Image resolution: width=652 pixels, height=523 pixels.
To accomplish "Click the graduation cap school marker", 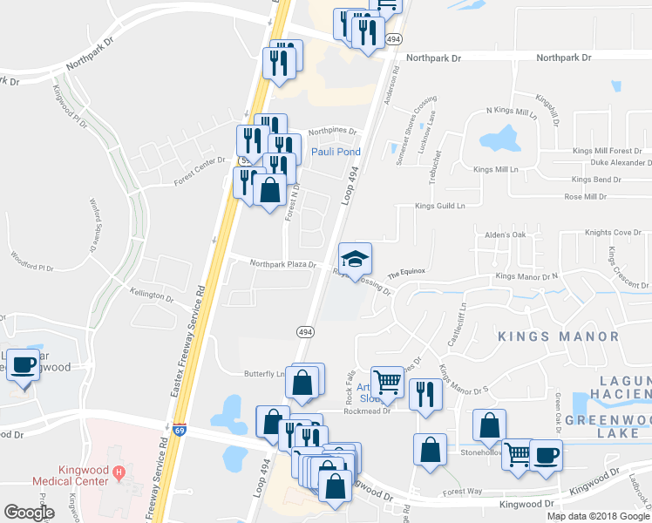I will click(355, 259).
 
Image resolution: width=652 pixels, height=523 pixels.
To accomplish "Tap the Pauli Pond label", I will click(336, 152).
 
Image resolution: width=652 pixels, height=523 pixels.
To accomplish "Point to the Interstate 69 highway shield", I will click(179, 429).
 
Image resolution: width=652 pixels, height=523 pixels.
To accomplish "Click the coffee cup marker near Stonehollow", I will click(546, 456).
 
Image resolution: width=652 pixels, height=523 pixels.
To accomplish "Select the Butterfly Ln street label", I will click(263, 373).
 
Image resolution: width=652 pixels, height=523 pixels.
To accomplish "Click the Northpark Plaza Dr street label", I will click(282, 264).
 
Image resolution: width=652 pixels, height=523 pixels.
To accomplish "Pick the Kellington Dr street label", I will click(151, 295).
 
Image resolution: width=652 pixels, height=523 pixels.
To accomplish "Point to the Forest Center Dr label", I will click(200, 159).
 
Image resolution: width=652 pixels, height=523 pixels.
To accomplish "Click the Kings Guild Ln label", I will click(440, 207).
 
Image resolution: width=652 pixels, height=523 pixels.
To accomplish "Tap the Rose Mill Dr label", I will click(585, 197).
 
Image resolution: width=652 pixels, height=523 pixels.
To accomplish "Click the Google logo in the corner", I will click(29, 513).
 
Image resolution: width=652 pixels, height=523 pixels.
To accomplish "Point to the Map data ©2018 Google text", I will click(598, 516).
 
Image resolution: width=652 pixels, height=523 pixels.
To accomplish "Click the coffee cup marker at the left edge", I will click(24, 365).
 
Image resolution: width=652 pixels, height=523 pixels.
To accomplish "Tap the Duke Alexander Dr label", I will click(620, 163).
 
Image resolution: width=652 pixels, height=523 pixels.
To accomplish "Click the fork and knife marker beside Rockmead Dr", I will click(425, 395).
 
